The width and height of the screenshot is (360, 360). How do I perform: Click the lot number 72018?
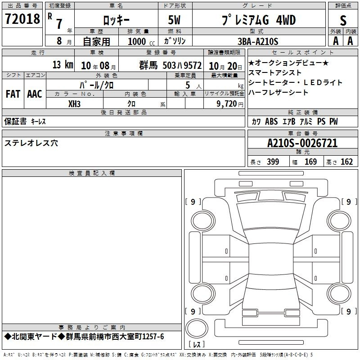click(22, 18)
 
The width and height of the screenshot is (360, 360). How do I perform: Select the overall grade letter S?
click(343, 20)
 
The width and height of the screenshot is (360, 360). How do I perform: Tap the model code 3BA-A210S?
click(258, 41)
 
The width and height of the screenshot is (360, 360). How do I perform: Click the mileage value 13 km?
click(63, 65)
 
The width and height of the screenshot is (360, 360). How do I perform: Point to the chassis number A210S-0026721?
click(302, 143)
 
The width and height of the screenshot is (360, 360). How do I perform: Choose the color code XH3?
click(74, 104)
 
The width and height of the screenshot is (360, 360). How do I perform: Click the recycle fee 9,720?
click(227, 104)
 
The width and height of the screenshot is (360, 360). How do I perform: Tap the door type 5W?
click(174, 20)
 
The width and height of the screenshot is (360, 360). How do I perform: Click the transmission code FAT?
click(13, 94)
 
